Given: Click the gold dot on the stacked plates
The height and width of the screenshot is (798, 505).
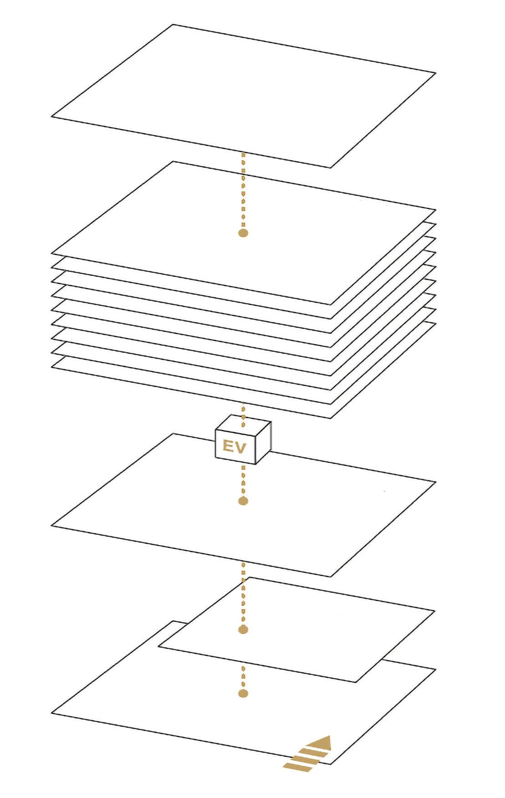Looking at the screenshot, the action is coord(243,233).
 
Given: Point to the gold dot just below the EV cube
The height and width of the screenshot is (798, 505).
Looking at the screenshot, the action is coord(243,501).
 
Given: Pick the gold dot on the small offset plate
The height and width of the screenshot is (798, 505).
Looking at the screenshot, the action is coord(243,629).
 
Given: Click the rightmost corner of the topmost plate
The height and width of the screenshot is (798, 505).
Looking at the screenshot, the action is coord(436,73).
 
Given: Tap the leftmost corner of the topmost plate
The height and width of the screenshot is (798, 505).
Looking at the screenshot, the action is coord(51,117).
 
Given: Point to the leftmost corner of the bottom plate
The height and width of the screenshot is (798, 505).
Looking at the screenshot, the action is coord(51,713).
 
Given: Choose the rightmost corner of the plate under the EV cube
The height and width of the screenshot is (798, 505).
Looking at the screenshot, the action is coord(436,482).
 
